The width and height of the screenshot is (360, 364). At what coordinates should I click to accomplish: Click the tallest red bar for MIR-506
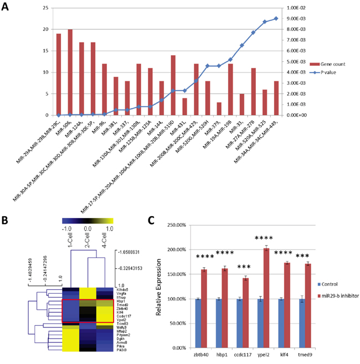click(x=70, y=72)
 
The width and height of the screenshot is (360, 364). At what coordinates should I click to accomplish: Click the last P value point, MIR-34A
click(x=276, y=18)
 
